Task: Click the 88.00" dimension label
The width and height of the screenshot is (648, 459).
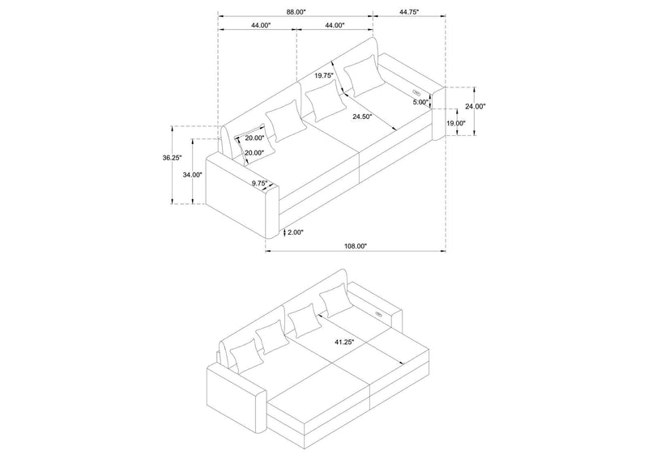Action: tap(296, 12)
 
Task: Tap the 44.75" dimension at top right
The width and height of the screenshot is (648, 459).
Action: tap(409, 12)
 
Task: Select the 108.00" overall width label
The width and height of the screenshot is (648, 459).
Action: tap(356, 246)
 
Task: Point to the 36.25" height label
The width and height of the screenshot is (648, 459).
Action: tap(172, 157)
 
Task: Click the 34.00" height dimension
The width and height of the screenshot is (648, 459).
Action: tap(193, 175)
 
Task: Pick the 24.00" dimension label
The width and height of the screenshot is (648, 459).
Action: tap(475, 106)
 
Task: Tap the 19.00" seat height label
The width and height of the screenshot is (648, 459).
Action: tap(456, 123)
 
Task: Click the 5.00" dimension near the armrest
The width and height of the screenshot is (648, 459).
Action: tap(420, 102)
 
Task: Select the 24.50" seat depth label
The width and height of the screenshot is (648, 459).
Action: tap(362, 117)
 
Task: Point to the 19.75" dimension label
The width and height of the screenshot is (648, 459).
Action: tap(323, 75)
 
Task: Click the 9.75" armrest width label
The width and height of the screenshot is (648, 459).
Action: tap(260, 182)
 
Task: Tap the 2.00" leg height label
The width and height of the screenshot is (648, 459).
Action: tap(296, 232)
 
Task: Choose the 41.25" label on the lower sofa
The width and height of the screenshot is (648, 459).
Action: tap(344, 342)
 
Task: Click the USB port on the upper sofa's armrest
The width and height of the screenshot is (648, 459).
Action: tap(416, 91)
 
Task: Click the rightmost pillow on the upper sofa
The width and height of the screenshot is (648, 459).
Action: tap(362, 75)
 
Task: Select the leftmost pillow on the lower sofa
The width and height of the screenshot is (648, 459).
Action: tap(247, 356)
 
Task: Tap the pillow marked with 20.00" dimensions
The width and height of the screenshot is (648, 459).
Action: tap(254, 144)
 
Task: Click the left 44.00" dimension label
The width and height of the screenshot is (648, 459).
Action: tap(260, 25)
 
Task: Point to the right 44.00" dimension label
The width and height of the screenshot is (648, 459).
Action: tap(335, 25)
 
